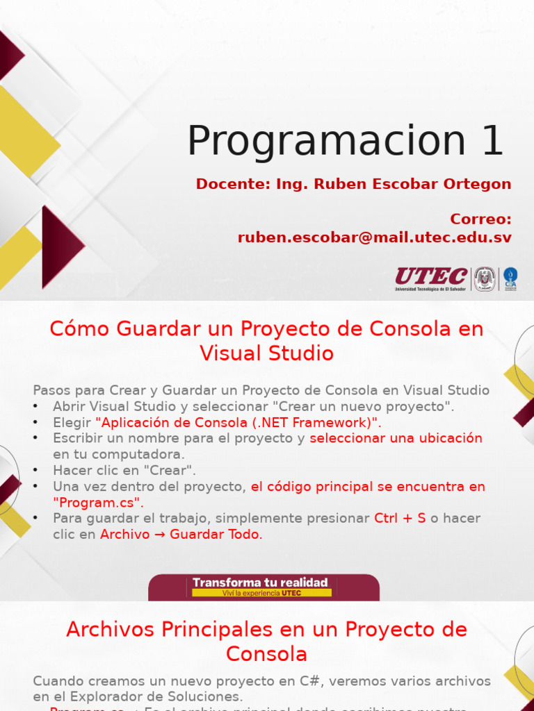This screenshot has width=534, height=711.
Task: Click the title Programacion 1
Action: [345, 141]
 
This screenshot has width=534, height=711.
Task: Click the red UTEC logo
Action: [431, 277]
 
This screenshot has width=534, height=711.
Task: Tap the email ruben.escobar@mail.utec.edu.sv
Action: [375, 237]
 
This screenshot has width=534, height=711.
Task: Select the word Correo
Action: [479, 219]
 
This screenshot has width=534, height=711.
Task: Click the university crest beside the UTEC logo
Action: [485, 279]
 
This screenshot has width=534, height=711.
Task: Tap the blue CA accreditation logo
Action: [510, 278]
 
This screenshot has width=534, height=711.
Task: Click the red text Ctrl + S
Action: [400, 519]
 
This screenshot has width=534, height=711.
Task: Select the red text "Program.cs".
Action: [98, 503]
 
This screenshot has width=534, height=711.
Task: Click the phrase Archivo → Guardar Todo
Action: [180, 535]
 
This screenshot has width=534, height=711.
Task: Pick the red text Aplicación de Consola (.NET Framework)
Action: [238, 423]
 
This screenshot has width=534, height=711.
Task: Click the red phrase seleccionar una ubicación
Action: [396, 439]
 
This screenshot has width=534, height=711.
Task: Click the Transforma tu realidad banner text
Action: [260, 583]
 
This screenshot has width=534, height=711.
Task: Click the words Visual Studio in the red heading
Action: [266, 353]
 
